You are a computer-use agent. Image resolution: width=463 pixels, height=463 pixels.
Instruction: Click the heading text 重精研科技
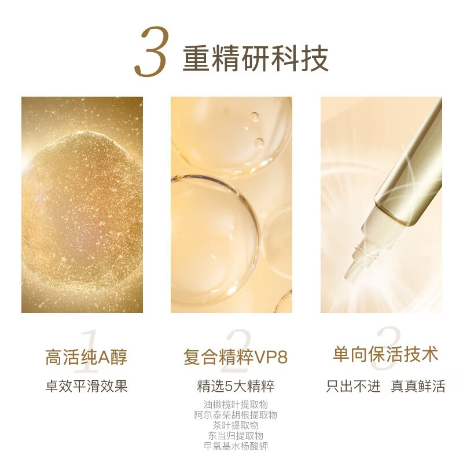tap(256, 58)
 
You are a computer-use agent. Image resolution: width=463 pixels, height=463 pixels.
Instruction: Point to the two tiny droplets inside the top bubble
tap(256, 129)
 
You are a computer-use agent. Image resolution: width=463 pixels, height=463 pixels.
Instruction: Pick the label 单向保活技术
tap(385, 354)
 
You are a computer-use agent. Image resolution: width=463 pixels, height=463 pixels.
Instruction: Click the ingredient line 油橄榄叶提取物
tap(236, 405)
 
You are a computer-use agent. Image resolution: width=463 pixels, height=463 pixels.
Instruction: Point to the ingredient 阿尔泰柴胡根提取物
tap(236, 415)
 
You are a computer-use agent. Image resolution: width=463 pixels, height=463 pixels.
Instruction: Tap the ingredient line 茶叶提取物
tap(236, 425)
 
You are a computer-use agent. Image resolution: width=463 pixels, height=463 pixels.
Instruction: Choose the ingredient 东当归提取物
tap(236, 436)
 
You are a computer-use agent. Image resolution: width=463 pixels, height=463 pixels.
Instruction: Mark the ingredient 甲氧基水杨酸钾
tap(236, 446)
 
